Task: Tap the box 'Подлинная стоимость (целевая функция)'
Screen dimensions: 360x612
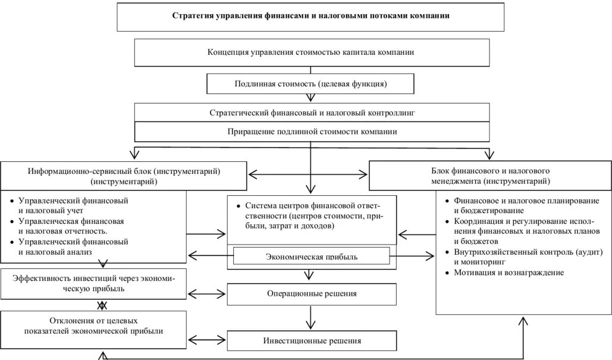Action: pos(311,84)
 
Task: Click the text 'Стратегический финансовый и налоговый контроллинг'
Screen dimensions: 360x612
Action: pos(312,112)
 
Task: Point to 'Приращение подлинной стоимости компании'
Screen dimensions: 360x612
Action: pos(312,132)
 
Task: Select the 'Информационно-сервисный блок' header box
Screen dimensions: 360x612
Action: pos(124,175)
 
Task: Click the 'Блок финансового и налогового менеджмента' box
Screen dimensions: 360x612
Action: pos(489,175)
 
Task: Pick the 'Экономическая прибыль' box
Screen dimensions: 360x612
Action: pos(311,256)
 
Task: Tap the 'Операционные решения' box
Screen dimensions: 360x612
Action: pos(311,293)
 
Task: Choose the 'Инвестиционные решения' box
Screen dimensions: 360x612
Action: pos(311,341)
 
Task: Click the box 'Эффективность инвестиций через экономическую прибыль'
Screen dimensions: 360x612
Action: pos(93,283)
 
